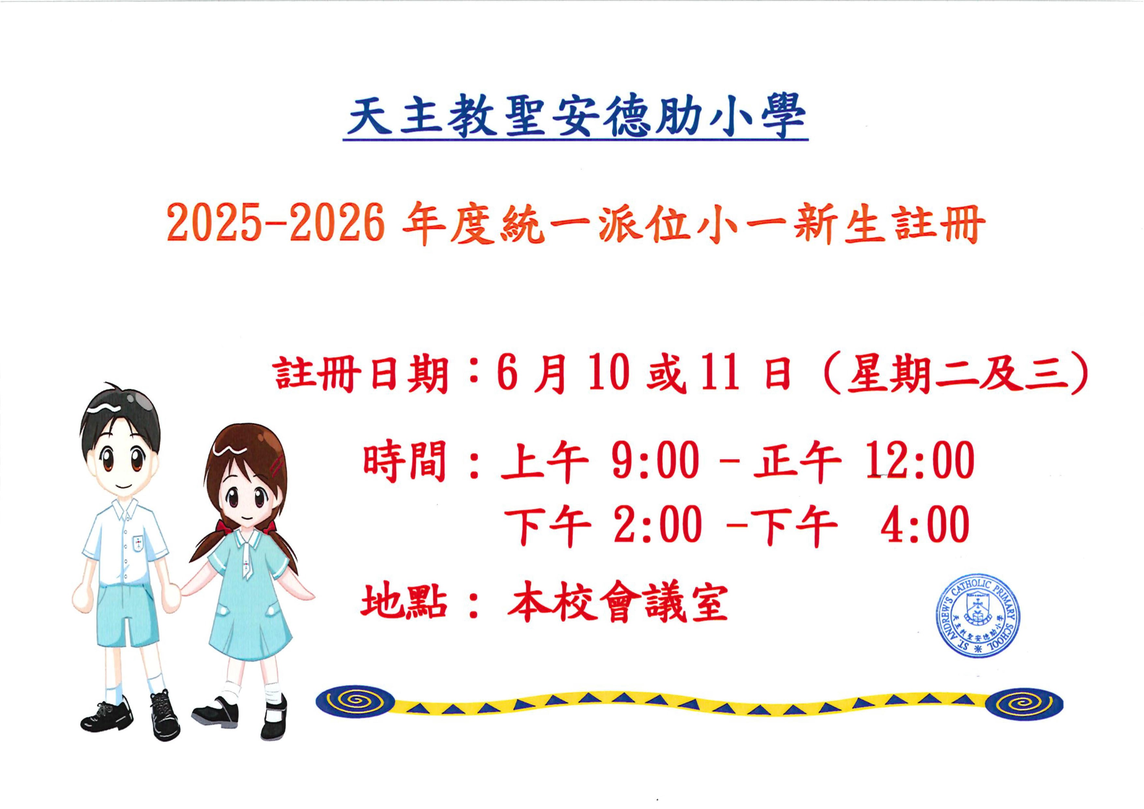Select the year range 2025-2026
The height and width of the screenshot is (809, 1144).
point(276,225)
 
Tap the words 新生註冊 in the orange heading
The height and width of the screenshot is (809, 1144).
point(889,225)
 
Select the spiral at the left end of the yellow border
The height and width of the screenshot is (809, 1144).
point(355,700)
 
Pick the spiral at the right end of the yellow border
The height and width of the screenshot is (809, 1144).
point(1024,704)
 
